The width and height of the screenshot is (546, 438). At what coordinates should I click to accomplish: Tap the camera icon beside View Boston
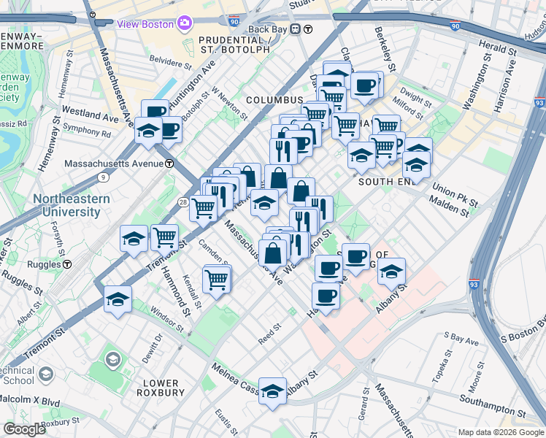(x=185, y=23)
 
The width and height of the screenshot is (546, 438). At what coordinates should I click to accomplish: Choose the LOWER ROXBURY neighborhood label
(x=160, y=388)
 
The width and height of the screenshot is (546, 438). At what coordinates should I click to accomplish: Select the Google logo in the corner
(x=24, y=429)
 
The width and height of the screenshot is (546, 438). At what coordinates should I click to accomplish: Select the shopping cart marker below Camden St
(x=217, y=279)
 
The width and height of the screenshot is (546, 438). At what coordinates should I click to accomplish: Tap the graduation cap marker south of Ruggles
(x=118, y=299)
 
